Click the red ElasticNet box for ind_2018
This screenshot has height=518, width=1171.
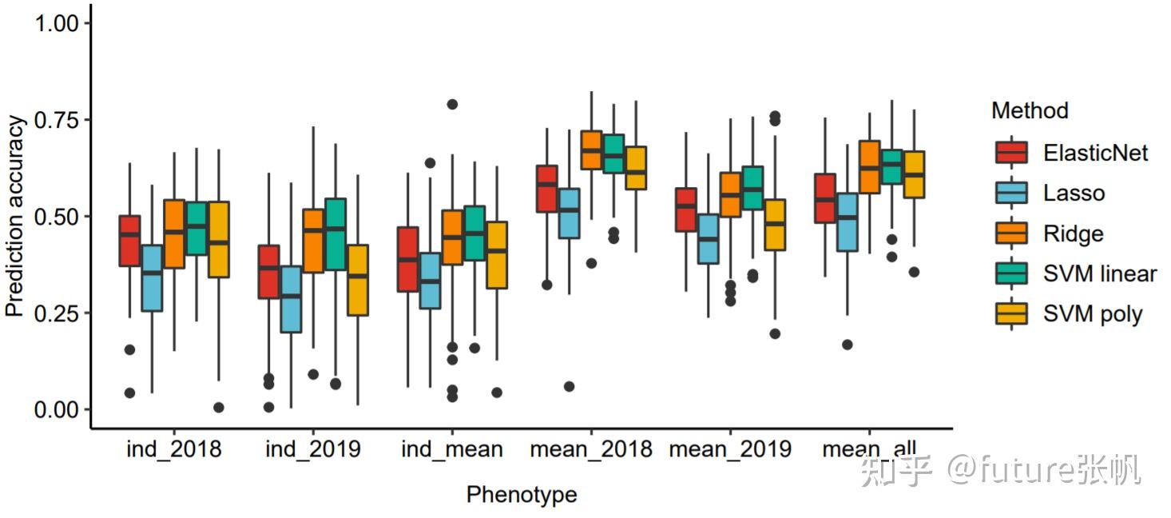click(x=129, y=241)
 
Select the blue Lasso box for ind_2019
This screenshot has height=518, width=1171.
click(x=291, y=299)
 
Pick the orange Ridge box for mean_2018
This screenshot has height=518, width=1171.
click(x=591, y=149)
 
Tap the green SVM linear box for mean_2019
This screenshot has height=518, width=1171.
click(x=752, y=188)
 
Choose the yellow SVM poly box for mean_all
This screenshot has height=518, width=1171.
click(x=914, y=173)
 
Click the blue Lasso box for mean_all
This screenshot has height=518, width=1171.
click(x=847, y=221)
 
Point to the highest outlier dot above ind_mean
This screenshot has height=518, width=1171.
click(x=452, y=104)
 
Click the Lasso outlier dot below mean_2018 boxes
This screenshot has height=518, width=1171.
click(x=569, y=386)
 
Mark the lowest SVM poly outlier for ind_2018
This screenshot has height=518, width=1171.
click(x=219, y=407)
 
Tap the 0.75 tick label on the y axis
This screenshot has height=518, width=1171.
click(x=57, y=120)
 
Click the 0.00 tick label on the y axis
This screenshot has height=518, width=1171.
click(x=57, y=409)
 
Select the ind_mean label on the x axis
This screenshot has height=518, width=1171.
click(x=452, y=449)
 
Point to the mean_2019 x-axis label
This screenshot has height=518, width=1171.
click(x=730, y=449)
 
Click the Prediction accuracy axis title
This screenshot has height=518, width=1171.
click(x=15, y=216)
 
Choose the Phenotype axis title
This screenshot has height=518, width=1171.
click(x=521, y=495)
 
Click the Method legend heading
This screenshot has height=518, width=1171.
click(x=1030, y=110)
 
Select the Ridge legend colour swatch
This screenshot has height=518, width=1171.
click(x=1011, y=233)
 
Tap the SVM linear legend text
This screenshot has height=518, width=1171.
click(x=1100, y=273)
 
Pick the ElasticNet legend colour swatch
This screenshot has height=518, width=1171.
click(x=1011, y=152)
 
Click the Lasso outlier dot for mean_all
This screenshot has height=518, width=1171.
click(x=847, y=345)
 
